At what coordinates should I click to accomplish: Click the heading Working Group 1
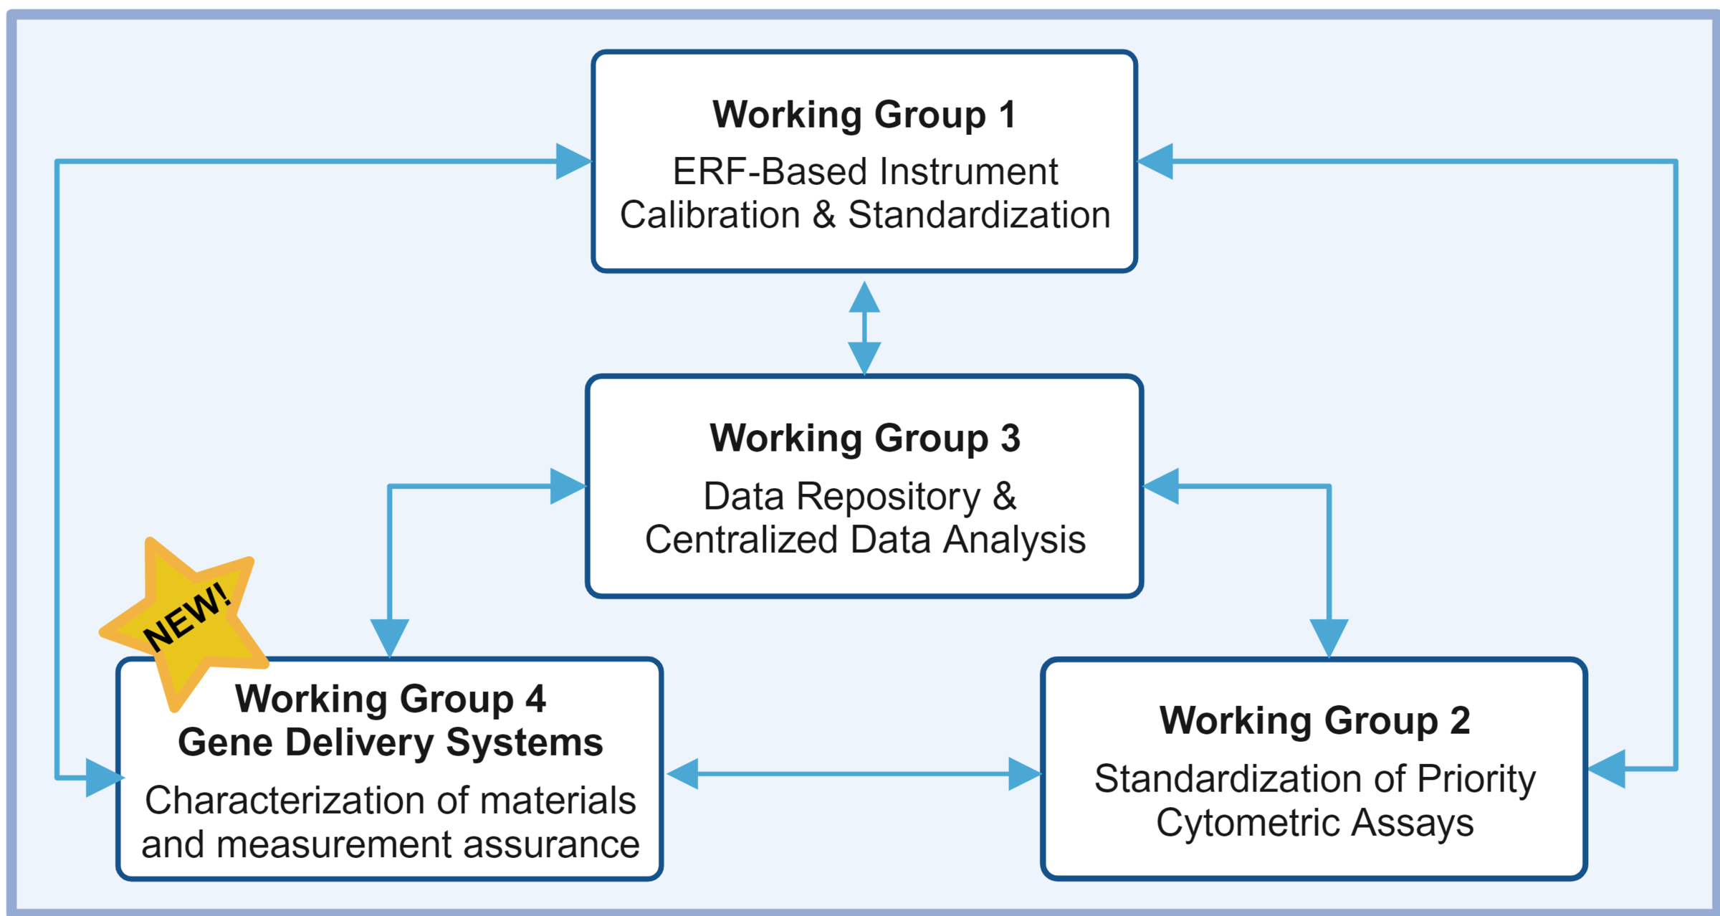(x=864, y=115)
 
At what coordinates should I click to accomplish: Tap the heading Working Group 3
(x=864, y=438)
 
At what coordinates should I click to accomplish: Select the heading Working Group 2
(x=1314, y=720)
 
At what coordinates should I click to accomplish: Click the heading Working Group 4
(x=391, y=699)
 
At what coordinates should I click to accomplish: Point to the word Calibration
(x=709, y=215)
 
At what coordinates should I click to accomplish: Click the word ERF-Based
(x=770, y=172)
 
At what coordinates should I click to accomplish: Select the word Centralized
(x=741, y=540)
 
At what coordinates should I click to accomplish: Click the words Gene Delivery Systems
(x=391, y=742)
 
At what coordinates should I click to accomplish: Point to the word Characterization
(x=287, y=801)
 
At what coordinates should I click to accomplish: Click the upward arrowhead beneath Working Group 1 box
(x=864, y=297)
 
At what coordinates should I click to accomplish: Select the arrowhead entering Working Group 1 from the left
(x=573, y=161)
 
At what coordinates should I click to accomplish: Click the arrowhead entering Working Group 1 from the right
(x=1155, y=161)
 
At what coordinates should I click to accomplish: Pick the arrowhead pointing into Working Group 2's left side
(x=1023, y=774)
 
